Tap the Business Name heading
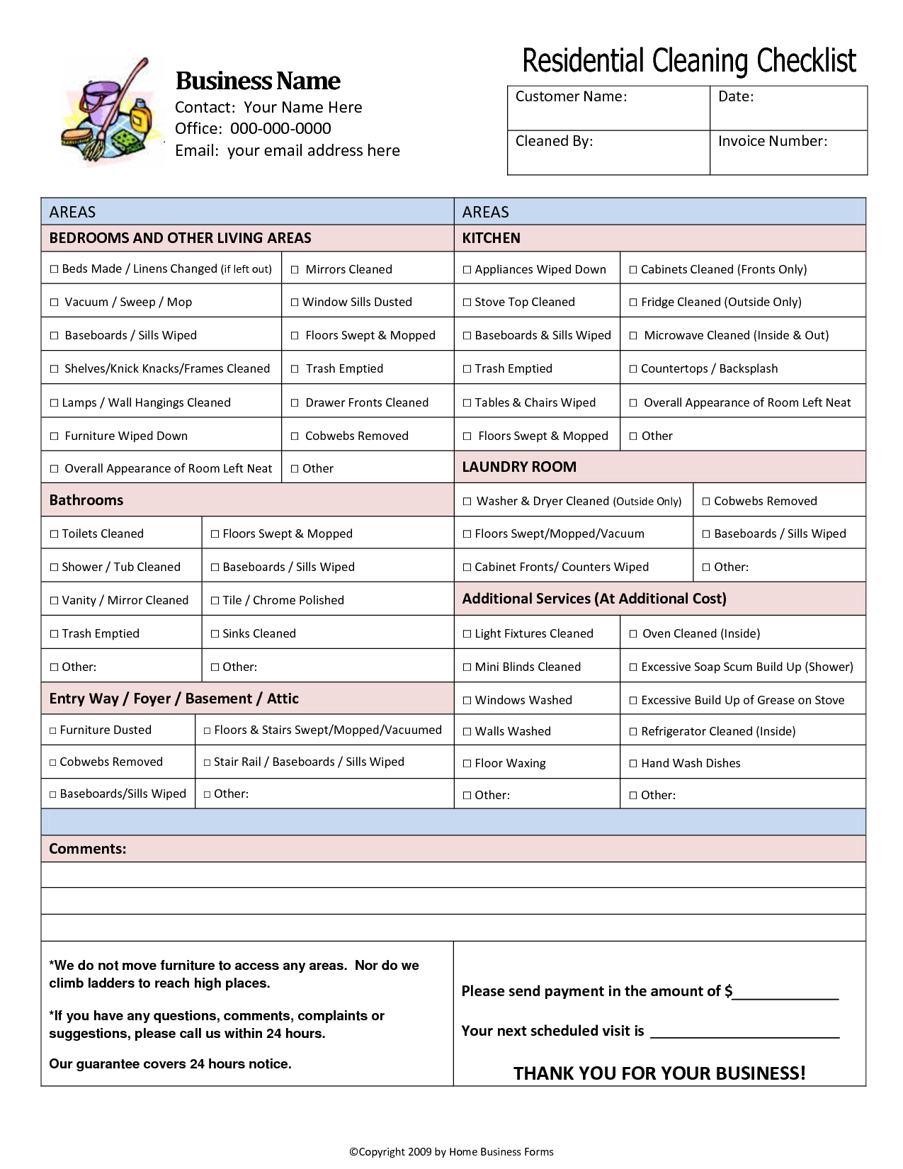click(258, 81)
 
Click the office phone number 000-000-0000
click(280, 128)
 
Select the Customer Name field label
click(571, 96)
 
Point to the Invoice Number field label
click(772, 141)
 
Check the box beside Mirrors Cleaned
click(295, 270)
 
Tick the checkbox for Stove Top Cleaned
click(467, 303)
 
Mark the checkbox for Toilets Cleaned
click(54, 534)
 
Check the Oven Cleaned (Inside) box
click(633, 634)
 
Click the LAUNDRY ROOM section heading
click(519, 467)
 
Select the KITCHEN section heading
click(491, 238)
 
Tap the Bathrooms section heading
click(86, 500)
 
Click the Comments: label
click(87, 849)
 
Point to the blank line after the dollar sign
click(785, 993)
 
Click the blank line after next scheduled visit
click(744, 1032)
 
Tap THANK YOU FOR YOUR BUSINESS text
click(659, 1073)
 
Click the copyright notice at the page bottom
click(451, 1152)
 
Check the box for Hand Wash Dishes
click(633, 764)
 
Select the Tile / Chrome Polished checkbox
click(215, 601)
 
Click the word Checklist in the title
click(807, 61)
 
